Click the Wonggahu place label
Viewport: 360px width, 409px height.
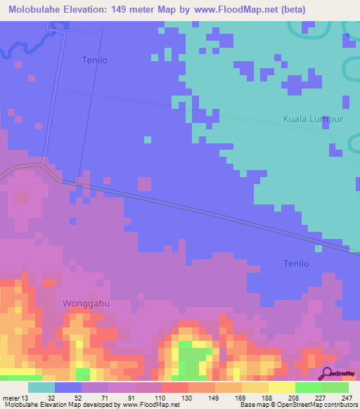(86, 303)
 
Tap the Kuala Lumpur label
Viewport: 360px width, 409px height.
(312, 119)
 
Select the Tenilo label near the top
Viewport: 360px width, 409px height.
(94, 60)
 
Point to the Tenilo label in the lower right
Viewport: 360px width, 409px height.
(295, 264)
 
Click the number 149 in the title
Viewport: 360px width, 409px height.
(136, 10)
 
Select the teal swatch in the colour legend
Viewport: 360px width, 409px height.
(41, 387)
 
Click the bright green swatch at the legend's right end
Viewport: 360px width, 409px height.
(335, 387)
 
